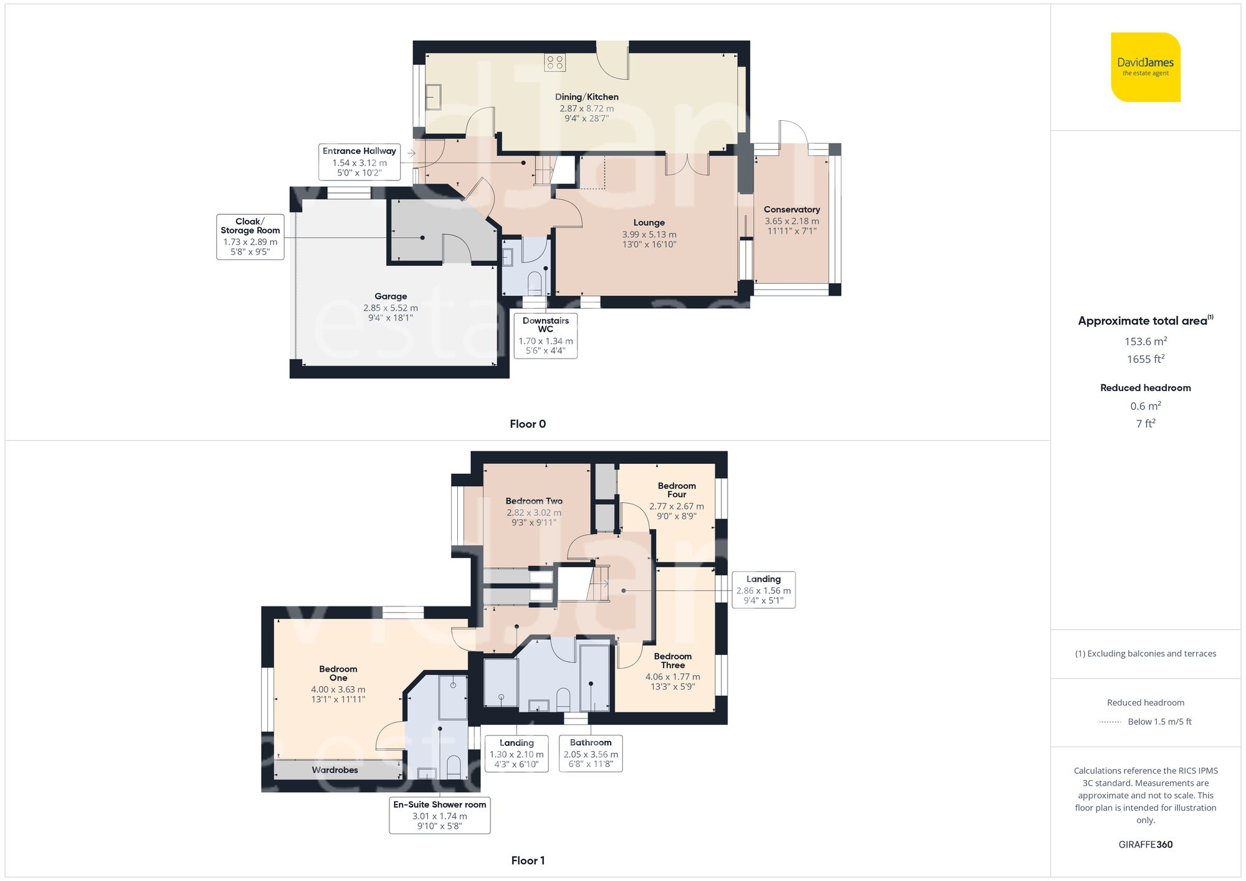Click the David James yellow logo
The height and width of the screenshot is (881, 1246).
click(1145, 67)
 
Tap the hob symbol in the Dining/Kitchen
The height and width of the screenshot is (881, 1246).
click(554, 62)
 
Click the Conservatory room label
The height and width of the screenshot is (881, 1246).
click(792, 210)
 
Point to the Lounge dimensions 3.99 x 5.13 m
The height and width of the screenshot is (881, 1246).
click(649, 235)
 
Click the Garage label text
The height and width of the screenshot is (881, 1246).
click(391, 296)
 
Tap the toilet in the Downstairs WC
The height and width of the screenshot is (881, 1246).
click(535, 283)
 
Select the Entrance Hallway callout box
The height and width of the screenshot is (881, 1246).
click(359, 162)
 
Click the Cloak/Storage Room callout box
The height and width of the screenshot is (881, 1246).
click(250, 237)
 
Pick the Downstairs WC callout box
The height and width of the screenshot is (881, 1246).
click(545, 336)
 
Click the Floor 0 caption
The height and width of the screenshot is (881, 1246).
click(527, 424)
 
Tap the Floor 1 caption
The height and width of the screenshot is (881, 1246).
click(527, 860)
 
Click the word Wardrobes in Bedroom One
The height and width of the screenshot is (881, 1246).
click(335, 770)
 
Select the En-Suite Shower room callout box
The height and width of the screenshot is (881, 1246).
click(439, 815)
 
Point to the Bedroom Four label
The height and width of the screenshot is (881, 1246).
click(677, 490)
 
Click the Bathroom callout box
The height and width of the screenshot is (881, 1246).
click(591, 753)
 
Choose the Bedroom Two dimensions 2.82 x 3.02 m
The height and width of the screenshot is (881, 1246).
click(534, 513)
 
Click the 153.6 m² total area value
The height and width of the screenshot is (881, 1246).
click(1145, 341)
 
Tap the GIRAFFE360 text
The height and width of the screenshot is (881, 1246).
click(1145, 845)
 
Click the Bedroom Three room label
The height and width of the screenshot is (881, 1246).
click(672, 661)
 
